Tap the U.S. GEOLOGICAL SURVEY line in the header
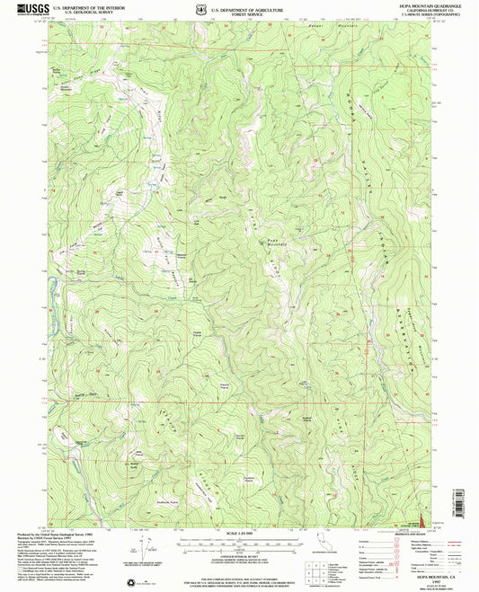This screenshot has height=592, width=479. point(83,12)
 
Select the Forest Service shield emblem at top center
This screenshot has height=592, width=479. point(200,10)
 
